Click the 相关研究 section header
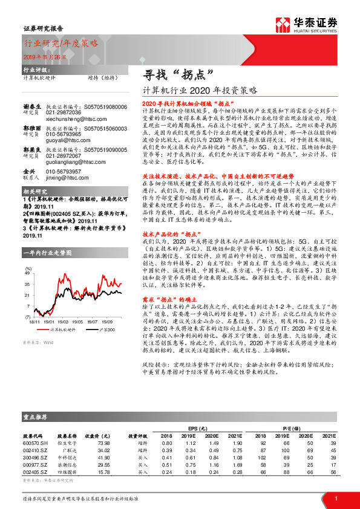point(36,192)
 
